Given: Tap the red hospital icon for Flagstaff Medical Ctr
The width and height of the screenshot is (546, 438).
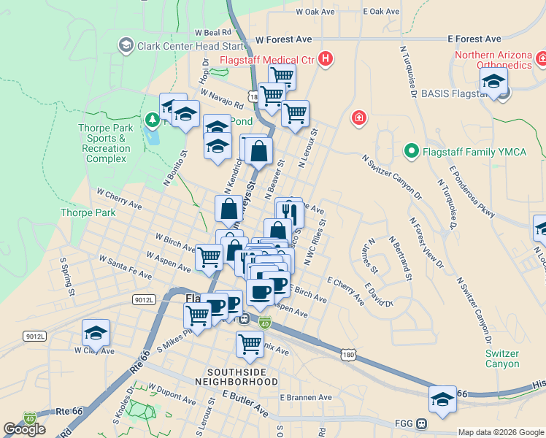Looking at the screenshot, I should (326, 58).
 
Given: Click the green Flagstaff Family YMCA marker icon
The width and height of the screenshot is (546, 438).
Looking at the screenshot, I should (411, 152).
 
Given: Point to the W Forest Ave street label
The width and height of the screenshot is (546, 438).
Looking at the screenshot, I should (284, 39).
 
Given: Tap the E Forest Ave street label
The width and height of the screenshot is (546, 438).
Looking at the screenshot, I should (474, 39).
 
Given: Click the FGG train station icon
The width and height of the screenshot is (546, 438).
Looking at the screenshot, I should (421, 423).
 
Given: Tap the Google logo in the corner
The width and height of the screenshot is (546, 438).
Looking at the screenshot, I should (25, 429).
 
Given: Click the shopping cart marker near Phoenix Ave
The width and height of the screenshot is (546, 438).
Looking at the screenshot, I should (250, 345).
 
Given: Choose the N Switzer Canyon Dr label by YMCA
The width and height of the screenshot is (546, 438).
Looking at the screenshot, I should (392, 176).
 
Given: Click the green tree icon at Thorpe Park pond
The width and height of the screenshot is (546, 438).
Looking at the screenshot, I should (153, 118).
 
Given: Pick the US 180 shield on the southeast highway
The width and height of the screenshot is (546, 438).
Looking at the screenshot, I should (348, 354).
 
